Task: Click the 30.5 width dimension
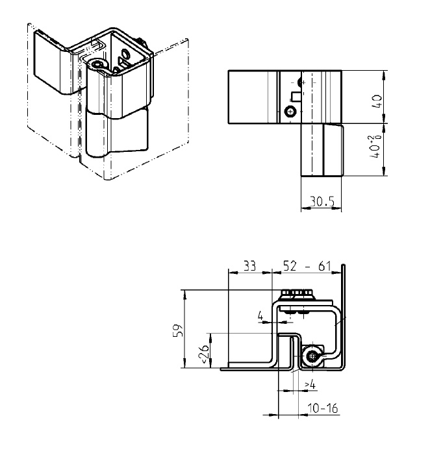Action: (322, 202)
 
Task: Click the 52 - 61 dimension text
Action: (307, 265)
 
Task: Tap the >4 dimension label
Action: (310, 385)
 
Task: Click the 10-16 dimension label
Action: (322, 410)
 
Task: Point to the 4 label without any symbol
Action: (261, 317)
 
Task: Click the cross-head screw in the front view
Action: (290, 112)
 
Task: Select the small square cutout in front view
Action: (296, 97)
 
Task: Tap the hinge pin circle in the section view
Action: (314, 356)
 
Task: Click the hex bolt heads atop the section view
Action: (301, 294)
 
